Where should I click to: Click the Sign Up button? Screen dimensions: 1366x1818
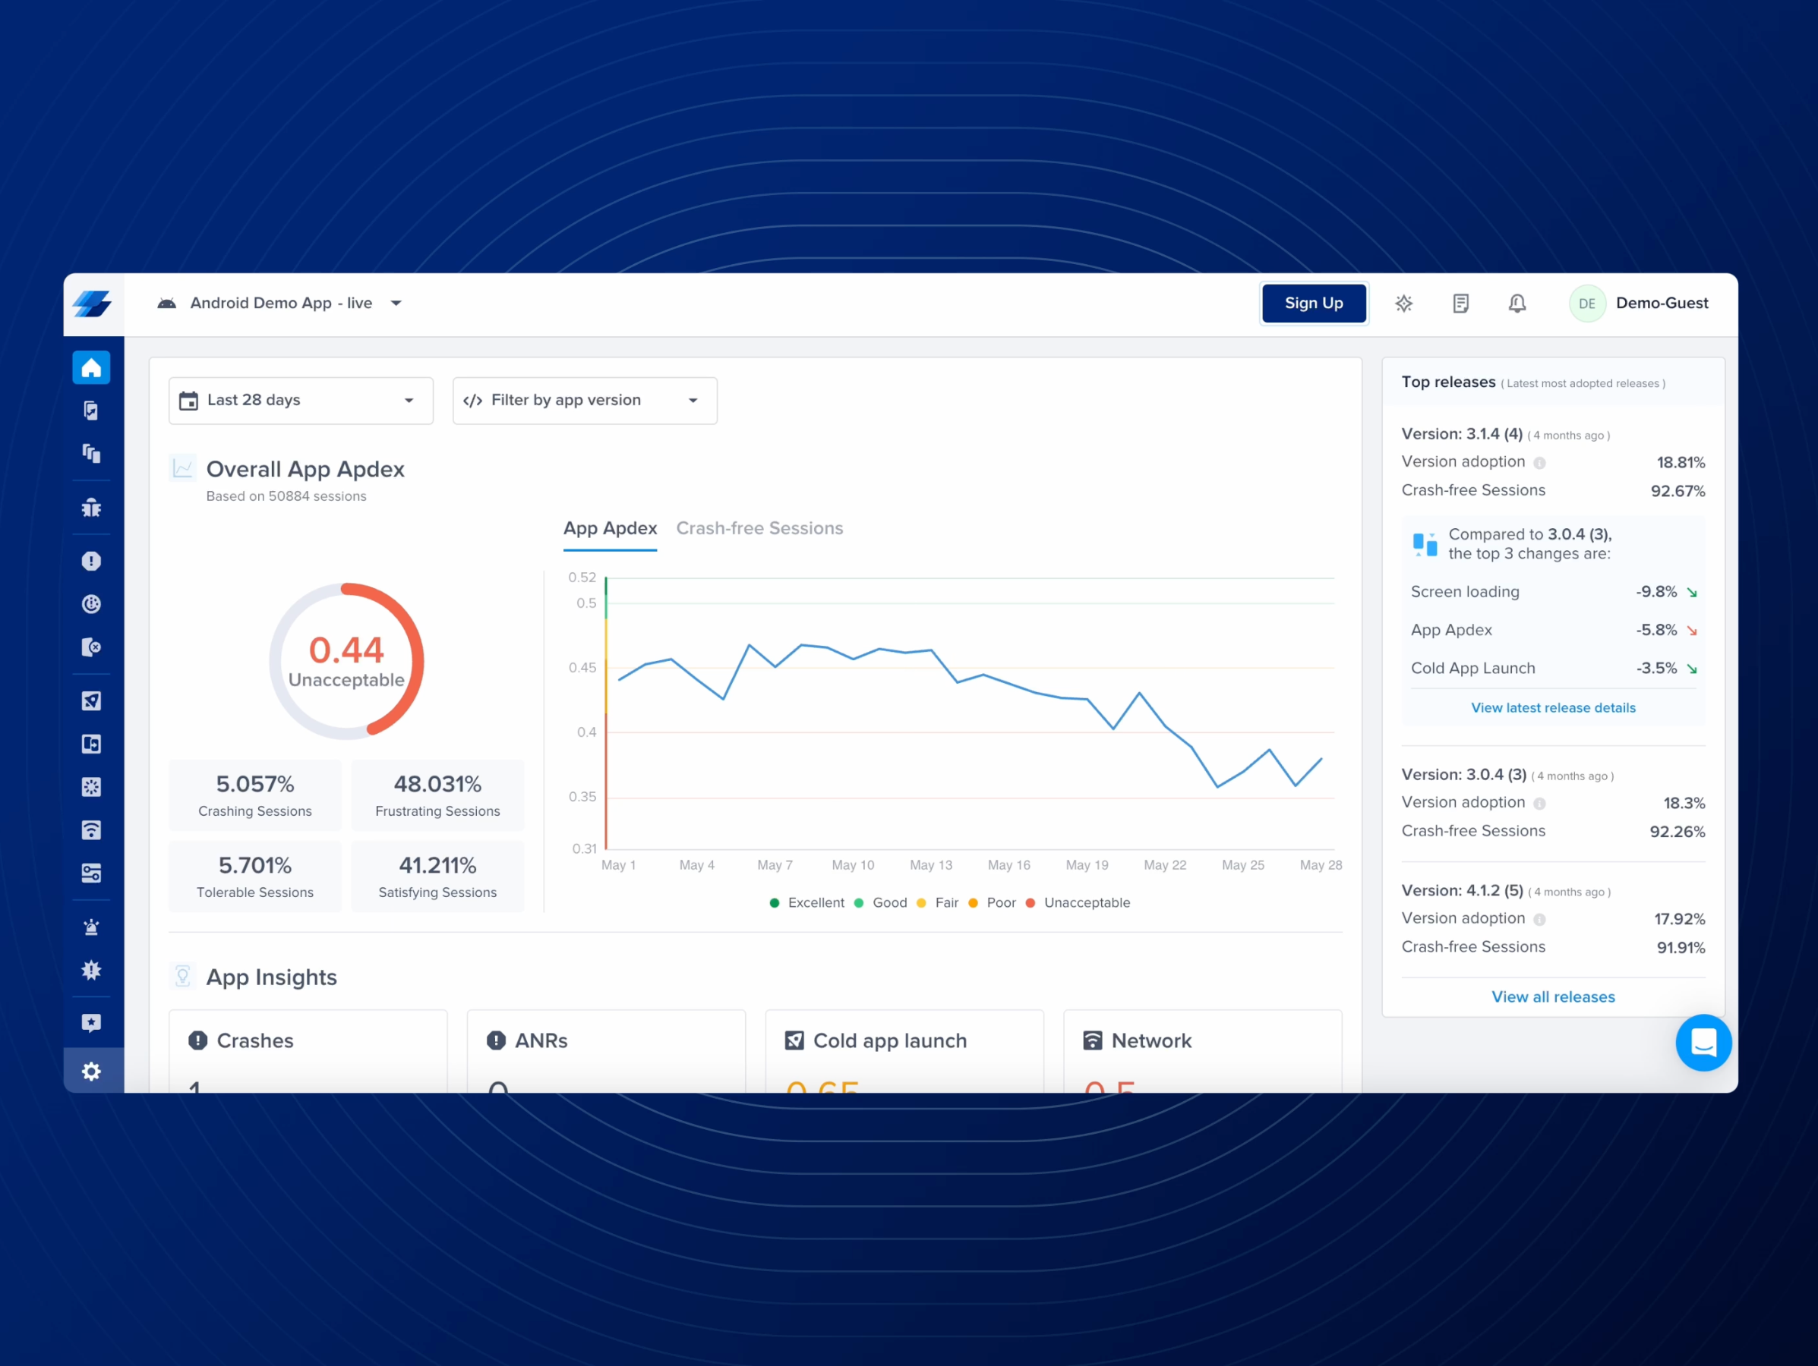[x=1313, y=303]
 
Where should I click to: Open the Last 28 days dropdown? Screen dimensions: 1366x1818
[x=301, y=400]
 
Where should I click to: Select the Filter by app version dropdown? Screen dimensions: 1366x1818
[x=585, y=400]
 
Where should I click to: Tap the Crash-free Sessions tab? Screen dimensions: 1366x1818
[x=759, y=528]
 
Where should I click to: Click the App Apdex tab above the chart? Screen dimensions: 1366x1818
[x=610, y=528]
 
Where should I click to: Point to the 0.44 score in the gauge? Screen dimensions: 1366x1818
[x=346, y=650]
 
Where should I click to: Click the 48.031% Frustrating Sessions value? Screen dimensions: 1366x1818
[x=437, y=784]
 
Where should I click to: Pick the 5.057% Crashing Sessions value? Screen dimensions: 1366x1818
[x=255, y=784]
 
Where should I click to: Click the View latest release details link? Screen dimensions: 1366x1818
[x=1552, y=707]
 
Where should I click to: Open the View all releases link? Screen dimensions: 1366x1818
[x=1552, y=996]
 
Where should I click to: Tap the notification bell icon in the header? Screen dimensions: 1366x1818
[x=1517, y=303]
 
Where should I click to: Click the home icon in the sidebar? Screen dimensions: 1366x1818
[x=91, y=367]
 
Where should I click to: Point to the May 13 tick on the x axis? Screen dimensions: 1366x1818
[x=930, y=865]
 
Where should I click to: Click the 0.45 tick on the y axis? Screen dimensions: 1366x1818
[x=582, y=668]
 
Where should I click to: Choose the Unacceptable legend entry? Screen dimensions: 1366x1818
[x=1086, y=903]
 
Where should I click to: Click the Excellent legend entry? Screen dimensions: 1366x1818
[x=815, y=903]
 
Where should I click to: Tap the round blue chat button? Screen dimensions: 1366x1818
[x=1703, y=1043]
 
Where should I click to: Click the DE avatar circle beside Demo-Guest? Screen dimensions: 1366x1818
[x=1586, y=303]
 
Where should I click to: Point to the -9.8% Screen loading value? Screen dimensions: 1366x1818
[x=1655, y=591]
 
